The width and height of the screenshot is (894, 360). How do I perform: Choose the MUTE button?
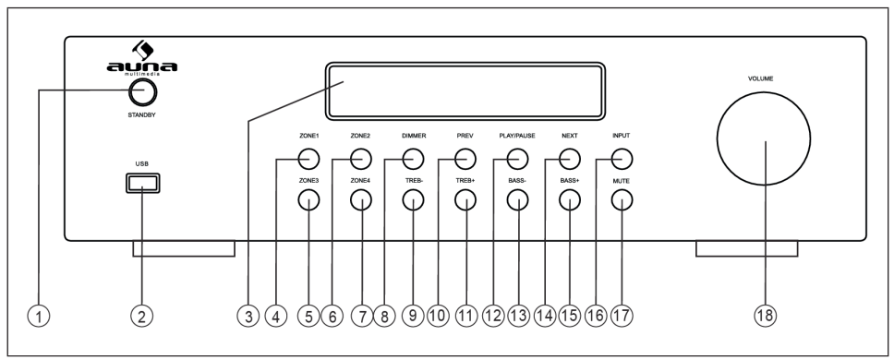pos(622,201)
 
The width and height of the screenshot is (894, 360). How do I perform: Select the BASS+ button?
pos(570,201)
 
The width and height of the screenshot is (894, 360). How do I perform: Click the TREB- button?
pos(413,201)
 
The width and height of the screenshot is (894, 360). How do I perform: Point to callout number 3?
pos(246,316)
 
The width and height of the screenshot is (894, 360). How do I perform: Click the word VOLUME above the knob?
pos(761,79)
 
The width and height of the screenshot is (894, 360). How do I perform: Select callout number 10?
pos(437,316)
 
